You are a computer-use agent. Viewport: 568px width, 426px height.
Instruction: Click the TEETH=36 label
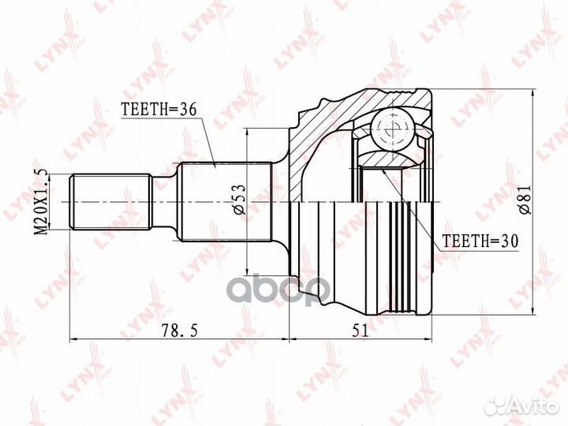click(x=158, y=109)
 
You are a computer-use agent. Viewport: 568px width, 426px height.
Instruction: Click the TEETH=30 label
click(x=480, y=241)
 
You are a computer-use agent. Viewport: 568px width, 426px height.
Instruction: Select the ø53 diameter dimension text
click(x=240, y=200)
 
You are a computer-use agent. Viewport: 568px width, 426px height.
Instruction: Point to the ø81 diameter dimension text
click(x=525, y=200)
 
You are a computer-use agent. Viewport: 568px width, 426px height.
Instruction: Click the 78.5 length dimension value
click(x=179, y=330)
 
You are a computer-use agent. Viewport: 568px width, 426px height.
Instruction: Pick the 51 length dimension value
click(x=360, y=330)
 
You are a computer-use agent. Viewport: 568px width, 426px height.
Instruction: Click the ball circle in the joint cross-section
click(x=393, y=129)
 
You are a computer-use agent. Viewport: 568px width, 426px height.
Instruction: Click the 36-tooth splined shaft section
click(x=226, y=202)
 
